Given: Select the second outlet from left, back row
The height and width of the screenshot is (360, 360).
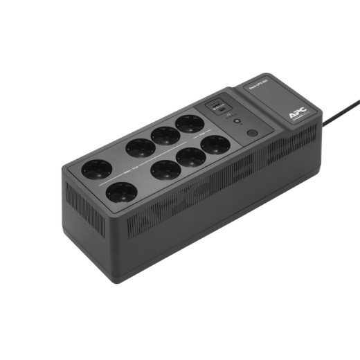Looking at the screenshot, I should [x=141, y=147].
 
